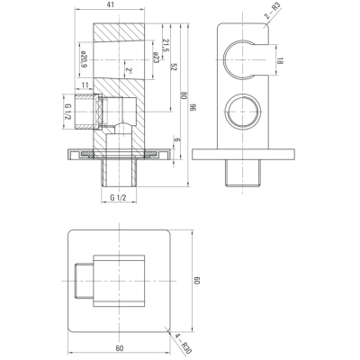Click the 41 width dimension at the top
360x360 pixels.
[x=110, y=4]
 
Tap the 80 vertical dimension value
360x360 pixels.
[x=184, y=96]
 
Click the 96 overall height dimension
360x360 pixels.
[x=193, y=107]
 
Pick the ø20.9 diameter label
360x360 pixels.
[x=85, y=59]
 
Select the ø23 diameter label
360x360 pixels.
[x=156, y=57]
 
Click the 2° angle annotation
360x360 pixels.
[x=129, y=71]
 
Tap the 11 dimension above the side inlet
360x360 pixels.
[x=85, y=85]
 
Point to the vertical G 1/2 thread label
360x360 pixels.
[x=68, y=112]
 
